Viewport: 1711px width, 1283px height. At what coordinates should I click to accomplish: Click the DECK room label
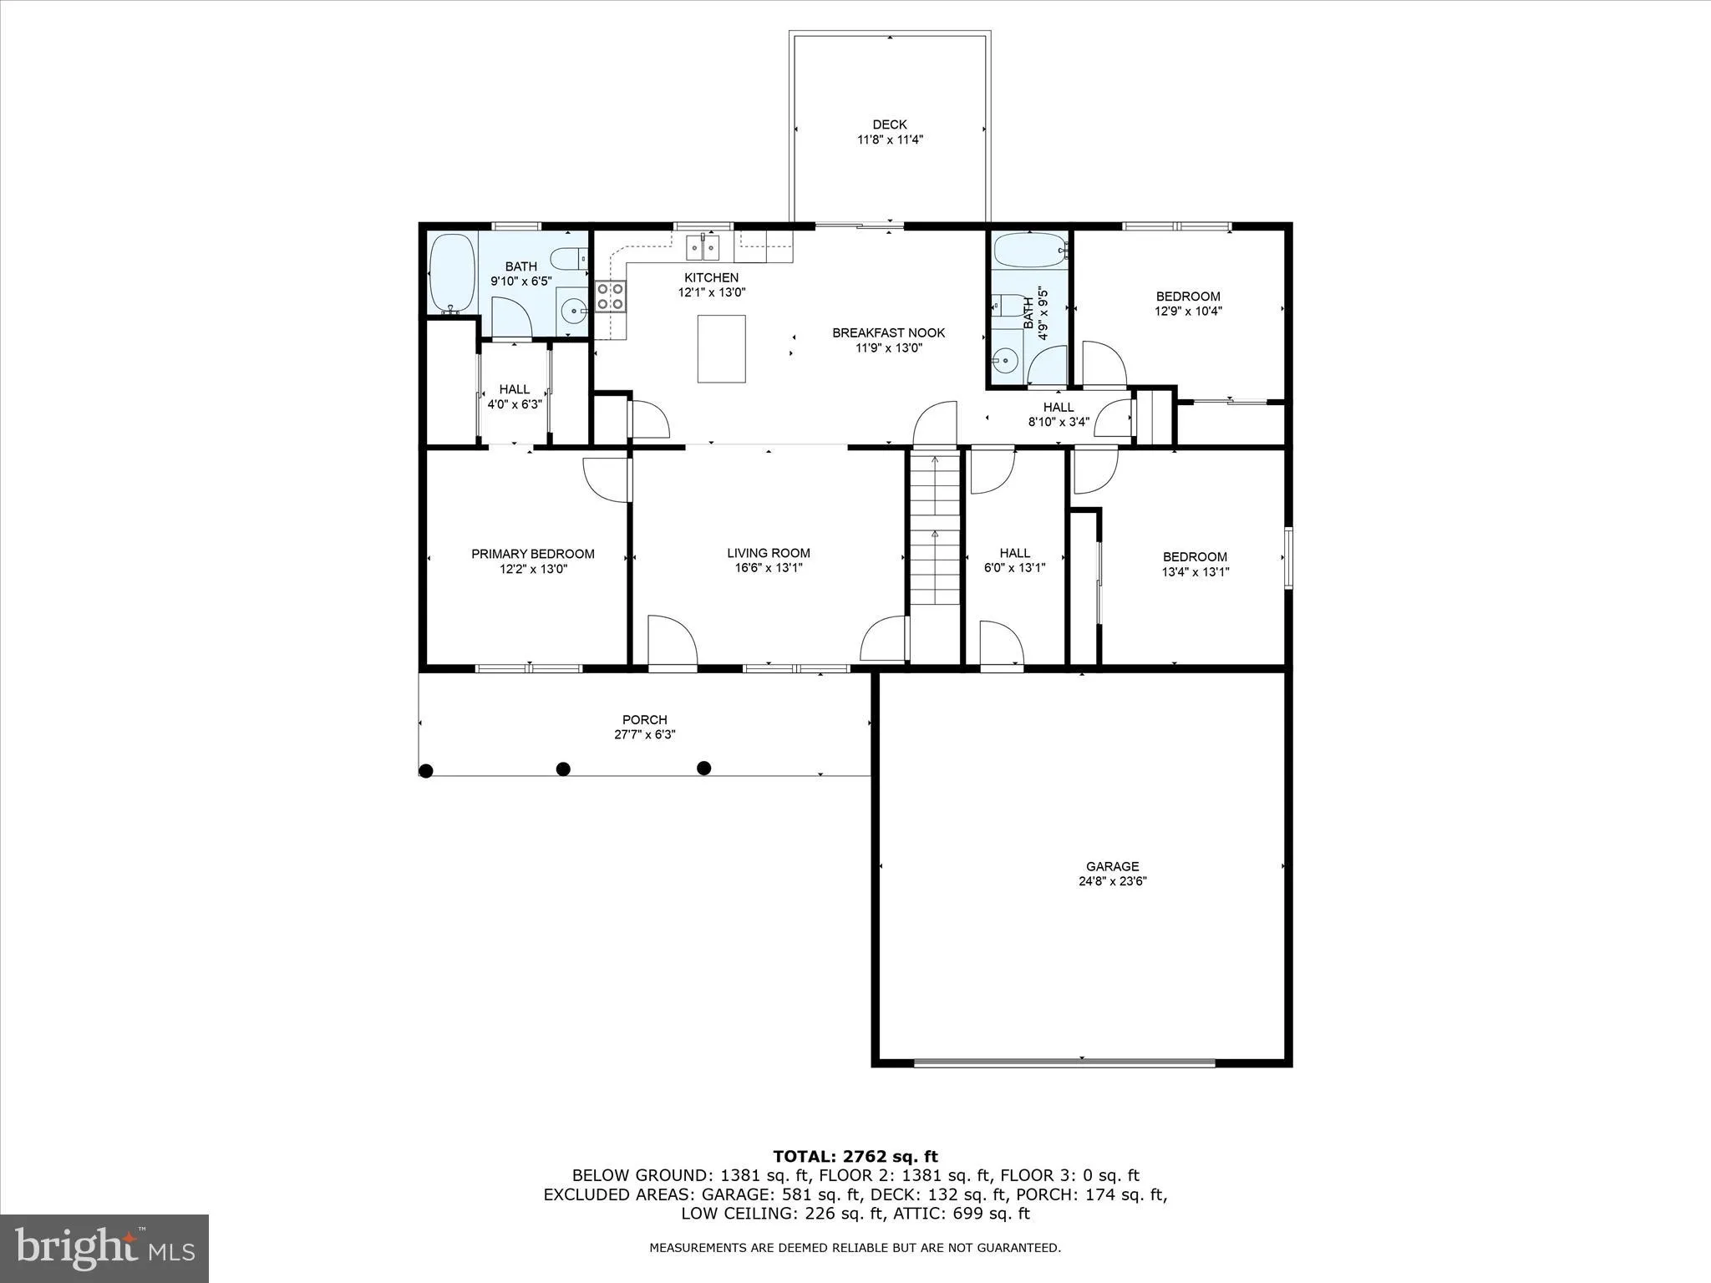890,124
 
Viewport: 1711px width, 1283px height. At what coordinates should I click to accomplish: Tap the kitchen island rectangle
721,348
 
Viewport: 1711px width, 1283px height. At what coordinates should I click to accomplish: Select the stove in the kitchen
611,297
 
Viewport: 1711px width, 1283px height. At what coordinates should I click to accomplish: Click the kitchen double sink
703,247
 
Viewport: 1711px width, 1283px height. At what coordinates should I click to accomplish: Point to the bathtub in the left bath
451,272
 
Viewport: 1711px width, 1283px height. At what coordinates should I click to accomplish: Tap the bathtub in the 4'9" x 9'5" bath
1028,250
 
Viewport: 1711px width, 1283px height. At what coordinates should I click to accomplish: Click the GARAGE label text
1112,866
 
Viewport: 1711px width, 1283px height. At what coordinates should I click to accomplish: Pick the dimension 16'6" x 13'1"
769,568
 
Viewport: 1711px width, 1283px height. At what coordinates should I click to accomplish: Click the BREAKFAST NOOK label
888,332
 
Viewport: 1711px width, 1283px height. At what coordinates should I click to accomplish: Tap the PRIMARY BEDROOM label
533,554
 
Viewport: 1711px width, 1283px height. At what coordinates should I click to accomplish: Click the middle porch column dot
563,768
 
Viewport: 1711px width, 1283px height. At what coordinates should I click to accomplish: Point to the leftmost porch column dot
426,771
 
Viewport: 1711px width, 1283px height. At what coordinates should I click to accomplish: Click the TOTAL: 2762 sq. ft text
855,1156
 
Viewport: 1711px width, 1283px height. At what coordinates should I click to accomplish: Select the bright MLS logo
104,1248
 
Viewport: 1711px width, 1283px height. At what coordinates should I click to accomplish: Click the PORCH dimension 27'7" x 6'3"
644,735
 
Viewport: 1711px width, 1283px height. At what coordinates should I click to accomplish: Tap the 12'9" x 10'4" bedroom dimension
1188,311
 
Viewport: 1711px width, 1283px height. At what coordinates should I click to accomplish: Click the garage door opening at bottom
1064,1062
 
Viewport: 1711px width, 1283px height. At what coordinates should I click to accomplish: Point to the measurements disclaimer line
855,1248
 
